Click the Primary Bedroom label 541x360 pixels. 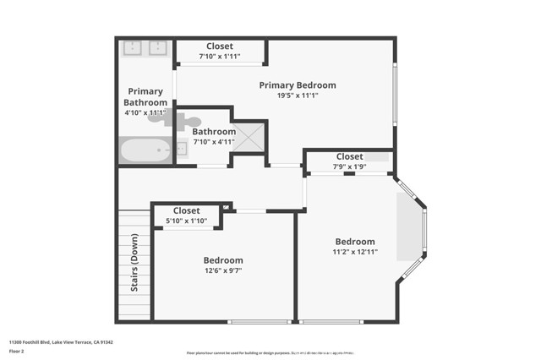tap(297, 85)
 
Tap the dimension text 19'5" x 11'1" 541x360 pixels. tap(297, 95)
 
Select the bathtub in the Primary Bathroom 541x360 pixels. tap(145, 152)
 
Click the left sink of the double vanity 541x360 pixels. tap(134, 47)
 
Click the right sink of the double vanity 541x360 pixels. tap(158, 47)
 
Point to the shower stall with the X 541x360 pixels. tap(249, 137)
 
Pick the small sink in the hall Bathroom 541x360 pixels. tap(181, 150)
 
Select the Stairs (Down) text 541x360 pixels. tap(134, 263)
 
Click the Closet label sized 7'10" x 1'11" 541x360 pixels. tap(219, 46)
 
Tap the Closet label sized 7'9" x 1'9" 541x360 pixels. tap(349, 157)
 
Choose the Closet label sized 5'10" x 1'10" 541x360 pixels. tap(186, 211)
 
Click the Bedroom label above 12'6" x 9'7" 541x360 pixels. tap(223, 260)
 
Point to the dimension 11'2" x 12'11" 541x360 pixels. tap(354, 252)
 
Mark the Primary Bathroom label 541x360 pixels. tap(145, 97)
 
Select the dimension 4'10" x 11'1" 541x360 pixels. tap(145, 112)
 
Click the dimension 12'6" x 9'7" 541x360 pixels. tap(223, 271)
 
